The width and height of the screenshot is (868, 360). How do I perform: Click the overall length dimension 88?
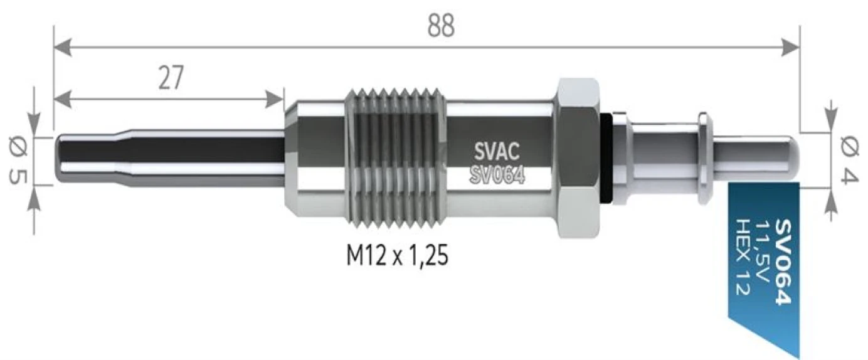coord(442,25)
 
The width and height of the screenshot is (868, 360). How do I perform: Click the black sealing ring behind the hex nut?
coord(606,158)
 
